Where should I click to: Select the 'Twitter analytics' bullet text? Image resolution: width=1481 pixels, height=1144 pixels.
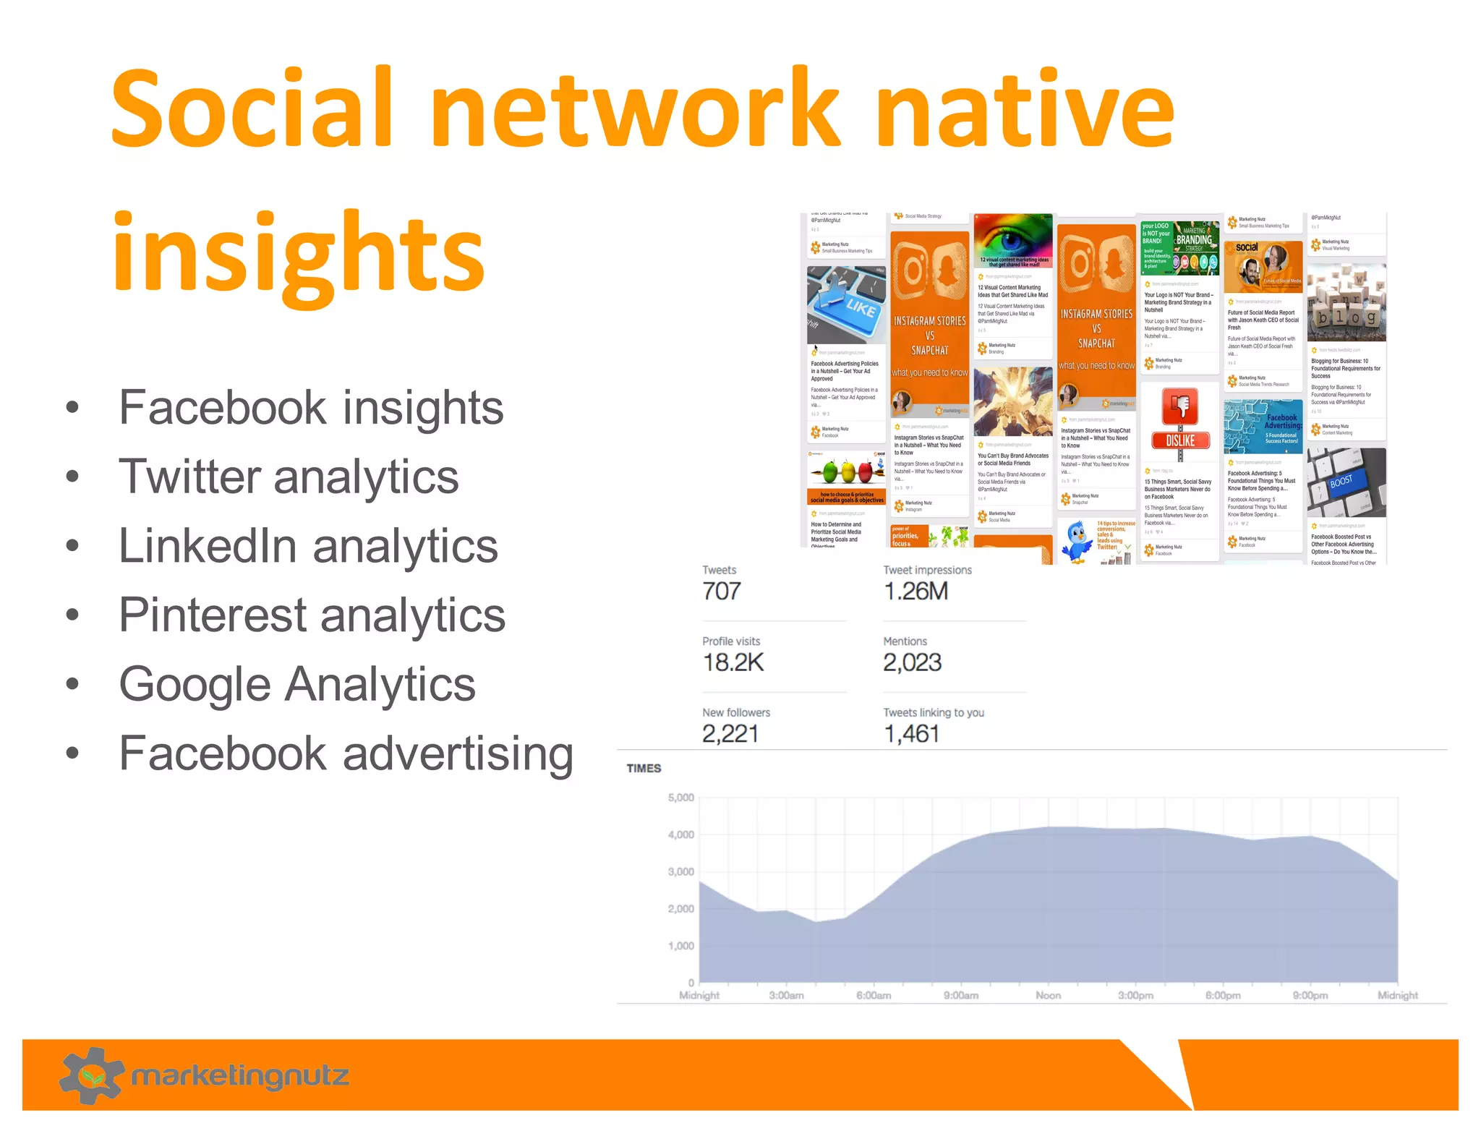289,477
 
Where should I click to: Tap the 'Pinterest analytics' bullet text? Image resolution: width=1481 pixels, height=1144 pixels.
312,615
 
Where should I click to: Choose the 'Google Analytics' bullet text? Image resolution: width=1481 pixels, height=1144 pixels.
297,684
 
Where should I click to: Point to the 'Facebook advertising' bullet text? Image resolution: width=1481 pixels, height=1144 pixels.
346,754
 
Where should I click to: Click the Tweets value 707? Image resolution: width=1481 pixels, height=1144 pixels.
721,592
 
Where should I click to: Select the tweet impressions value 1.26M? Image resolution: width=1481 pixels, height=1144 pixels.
915,592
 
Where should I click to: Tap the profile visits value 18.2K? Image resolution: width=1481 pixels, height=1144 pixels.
733,662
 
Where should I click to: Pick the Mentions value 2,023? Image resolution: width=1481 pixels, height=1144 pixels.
912,662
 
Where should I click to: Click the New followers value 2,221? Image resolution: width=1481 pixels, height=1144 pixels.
730,734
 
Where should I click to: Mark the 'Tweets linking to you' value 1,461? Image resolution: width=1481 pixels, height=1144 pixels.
911,734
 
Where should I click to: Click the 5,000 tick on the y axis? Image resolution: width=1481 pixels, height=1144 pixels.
680,798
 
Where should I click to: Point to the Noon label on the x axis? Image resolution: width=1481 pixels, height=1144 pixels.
1048,996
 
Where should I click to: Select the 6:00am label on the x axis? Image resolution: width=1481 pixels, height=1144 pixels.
874,996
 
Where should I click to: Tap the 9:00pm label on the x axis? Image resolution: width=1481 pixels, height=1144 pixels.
1310,996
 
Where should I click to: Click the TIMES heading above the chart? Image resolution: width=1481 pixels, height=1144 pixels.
644,768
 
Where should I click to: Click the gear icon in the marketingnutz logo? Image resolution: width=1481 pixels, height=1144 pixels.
91,1075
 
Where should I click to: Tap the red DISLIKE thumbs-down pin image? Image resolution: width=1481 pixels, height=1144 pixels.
1179,423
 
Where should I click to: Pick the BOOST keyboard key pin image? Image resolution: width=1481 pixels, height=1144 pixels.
1346,482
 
